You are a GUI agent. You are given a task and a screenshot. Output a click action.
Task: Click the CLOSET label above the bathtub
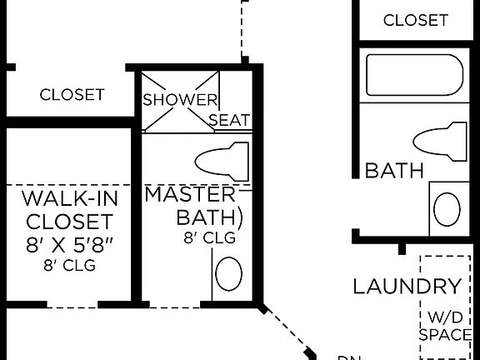415,20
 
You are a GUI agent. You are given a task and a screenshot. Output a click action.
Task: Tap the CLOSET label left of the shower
72,95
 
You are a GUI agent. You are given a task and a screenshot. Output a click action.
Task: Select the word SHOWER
180,100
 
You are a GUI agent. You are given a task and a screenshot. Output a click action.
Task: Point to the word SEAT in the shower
229,121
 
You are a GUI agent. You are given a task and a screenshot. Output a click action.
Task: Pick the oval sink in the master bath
228,272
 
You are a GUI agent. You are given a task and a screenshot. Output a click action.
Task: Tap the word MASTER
191,195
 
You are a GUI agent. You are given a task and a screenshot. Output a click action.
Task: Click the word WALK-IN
69,199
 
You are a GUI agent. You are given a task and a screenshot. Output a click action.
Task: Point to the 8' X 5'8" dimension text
69,246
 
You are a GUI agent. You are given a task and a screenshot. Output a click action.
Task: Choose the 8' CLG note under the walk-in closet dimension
69,267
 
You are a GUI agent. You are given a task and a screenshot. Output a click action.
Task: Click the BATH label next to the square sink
395,172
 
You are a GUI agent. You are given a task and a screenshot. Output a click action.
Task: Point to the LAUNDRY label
407,287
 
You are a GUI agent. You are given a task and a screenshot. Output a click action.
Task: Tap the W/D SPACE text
444,326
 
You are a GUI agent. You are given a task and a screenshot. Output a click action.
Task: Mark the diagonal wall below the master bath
287,332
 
